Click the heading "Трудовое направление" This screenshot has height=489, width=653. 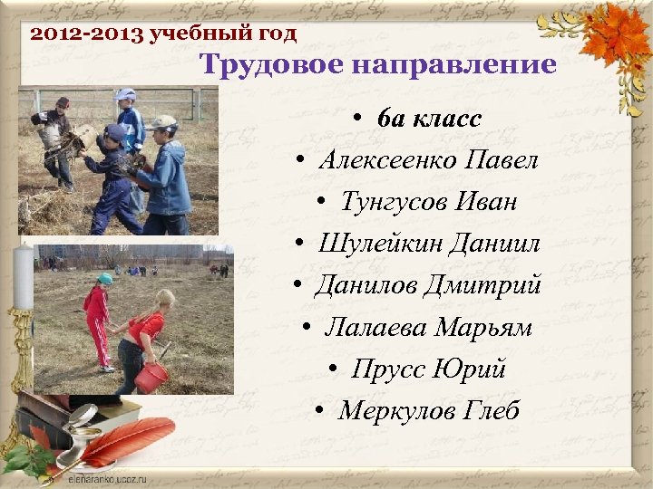coord(377,65)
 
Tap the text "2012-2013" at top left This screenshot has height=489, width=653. coord(87,35)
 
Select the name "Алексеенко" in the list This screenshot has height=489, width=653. coord(387,161)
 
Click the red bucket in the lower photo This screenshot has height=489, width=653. coord(151,377)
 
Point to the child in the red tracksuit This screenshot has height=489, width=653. coord(97,321)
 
